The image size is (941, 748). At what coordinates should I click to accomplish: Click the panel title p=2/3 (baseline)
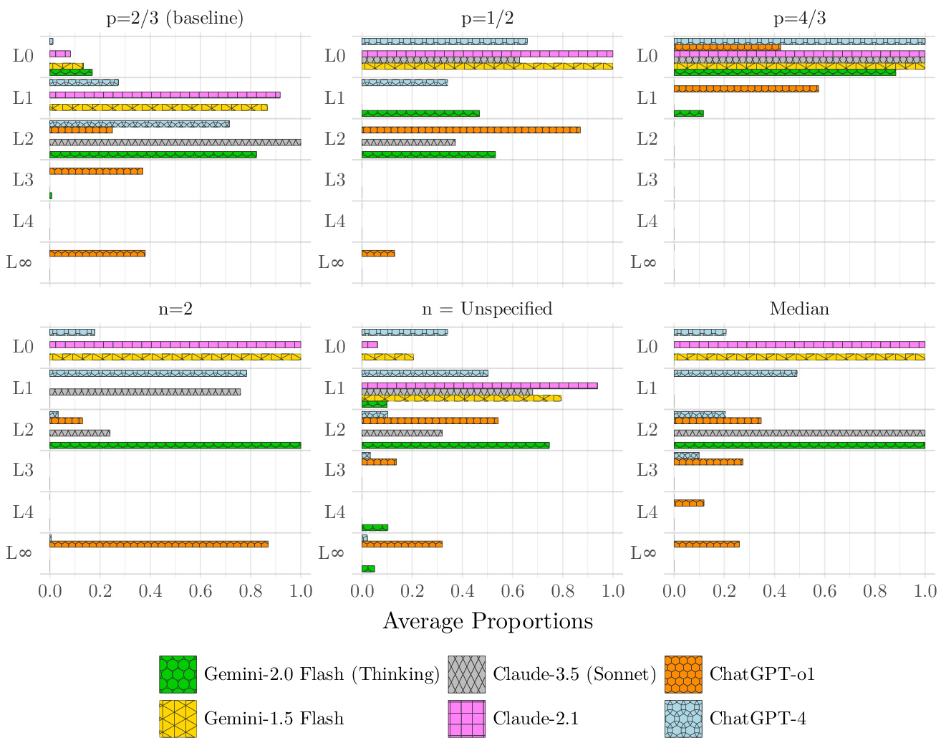point(175,19)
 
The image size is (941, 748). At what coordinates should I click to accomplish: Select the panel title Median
point(799,309)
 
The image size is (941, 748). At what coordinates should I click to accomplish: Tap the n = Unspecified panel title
point(487,309)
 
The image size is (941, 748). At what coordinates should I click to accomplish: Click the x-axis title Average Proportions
point(488,620)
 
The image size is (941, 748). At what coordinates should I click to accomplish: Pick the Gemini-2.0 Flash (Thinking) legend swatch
point(178,674)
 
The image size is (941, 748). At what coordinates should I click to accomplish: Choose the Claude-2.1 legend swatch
point(467,719)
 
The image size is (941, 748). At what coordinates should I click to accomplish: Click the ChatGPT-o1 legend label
point(762,674)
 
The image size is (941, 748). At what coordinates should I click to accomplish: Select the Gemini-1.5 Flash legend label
point(274,719)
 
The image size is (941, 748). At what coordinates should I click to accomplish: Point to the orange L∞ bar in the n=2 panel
point(159,544)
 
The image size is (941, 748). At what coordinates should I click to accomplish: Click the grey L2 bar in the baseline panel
point(175,142)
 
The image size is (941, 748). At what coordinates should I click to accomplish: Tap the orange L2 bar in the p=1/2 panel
point(471,130)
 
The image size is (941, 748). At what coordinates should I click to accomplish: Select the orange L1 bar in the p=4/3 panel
point(746,88)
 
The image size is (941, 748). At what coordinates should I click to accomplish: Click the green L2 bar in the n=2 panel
point(175,445)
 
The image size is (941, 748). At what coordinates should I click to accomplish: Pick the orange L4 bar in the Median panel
point(689,503)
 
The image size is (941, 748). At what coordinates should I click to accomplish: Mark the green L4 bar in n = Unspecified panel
point(375,527)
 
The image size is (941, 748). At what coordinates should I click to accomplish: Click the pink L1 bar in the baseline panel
point(165,95)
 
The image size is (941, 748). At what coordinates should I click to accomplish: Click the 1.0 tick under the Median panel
point(925,591)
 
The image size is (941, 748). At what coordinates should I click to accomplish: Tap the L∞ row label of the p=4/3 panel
point(643,262)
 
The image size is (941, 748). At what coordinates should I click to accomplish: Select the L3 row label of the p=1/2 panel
point(335,180)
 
